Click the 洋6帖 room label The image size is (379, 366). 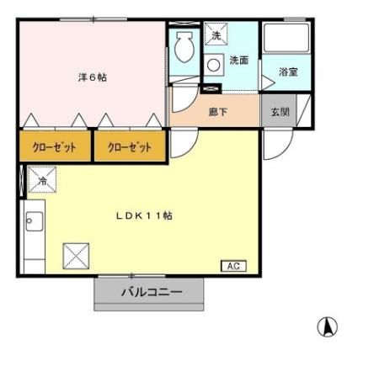(x=93, y=77)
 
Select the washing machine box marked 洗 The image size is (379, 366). (x=216, y=35)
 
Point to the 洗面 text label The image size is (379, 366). (x=238, y=61)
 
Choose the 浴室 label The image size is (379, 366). (x=287, y=72)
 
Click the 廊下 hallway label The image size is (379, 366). (x=217, y=110)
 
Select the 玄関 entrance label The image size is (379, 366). (x=278, y=110)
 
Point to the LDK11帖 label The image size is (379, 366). (x=144, y=215)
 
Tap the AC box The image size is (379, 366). (x=233, y=266)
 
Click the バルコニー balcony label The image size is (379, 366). (x=150, y=293)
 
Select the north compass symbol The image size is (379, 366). (x=327, y=326)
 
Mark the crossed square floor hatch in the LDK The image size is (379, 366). (x=76, y=254)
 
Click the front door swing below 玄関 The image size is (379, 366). (x=275, y=146)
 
